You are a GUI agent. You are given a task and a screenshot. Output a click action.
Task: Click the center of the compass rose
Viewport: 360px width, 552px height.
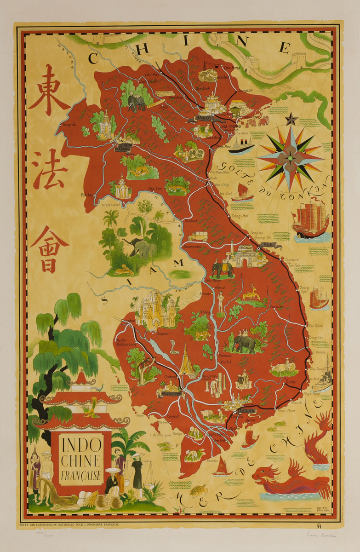pos(290,157)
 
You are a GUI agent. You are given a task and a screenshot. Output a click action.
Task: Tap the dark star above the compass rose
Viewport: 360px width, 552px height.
pos(291,120)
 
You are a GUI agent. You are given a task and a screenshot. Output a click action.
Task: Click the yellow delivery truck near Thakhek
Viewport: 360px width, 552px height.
pos(198,236)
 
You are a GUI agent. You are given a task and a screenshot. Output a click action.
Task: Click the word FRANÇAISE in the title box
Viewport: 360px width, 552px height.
pos(80,476)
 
